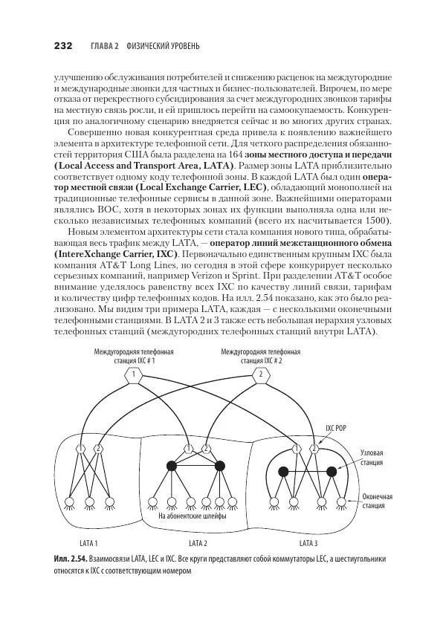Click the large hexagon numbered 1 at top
tap(135, 376)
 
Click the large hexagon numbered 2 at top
tap(261, 376)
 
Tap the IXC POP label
tap(337, 428)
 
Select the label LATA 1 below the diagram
tap(88, 542)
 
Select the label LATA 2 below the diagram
tap(198, 542)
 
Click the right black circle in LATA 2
tap(219, 467)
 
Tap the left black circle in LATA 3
tap(283, 471)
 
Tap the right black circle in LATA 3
tap(332, 471)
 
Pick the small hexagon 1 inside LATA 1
tap(81, 448)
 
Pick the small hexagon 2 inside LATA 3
tap(314, 448)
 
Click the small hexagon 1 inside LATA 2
tap(189, 448)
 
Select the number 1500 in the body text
tap(376, 222)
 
